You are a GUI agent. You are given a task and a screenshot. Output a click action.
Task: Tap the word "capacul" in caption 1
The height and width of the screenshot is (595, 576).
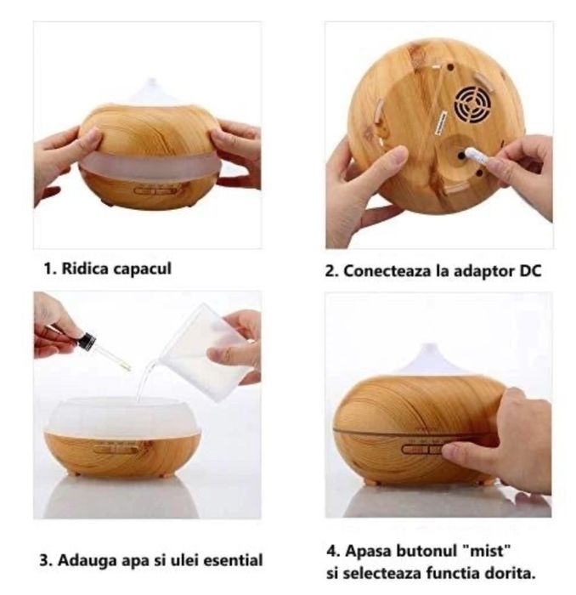(141, 269)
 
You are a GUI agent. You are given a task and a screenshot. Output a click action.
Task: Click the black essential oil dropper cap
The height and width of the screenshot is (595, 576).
(85, 340)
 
